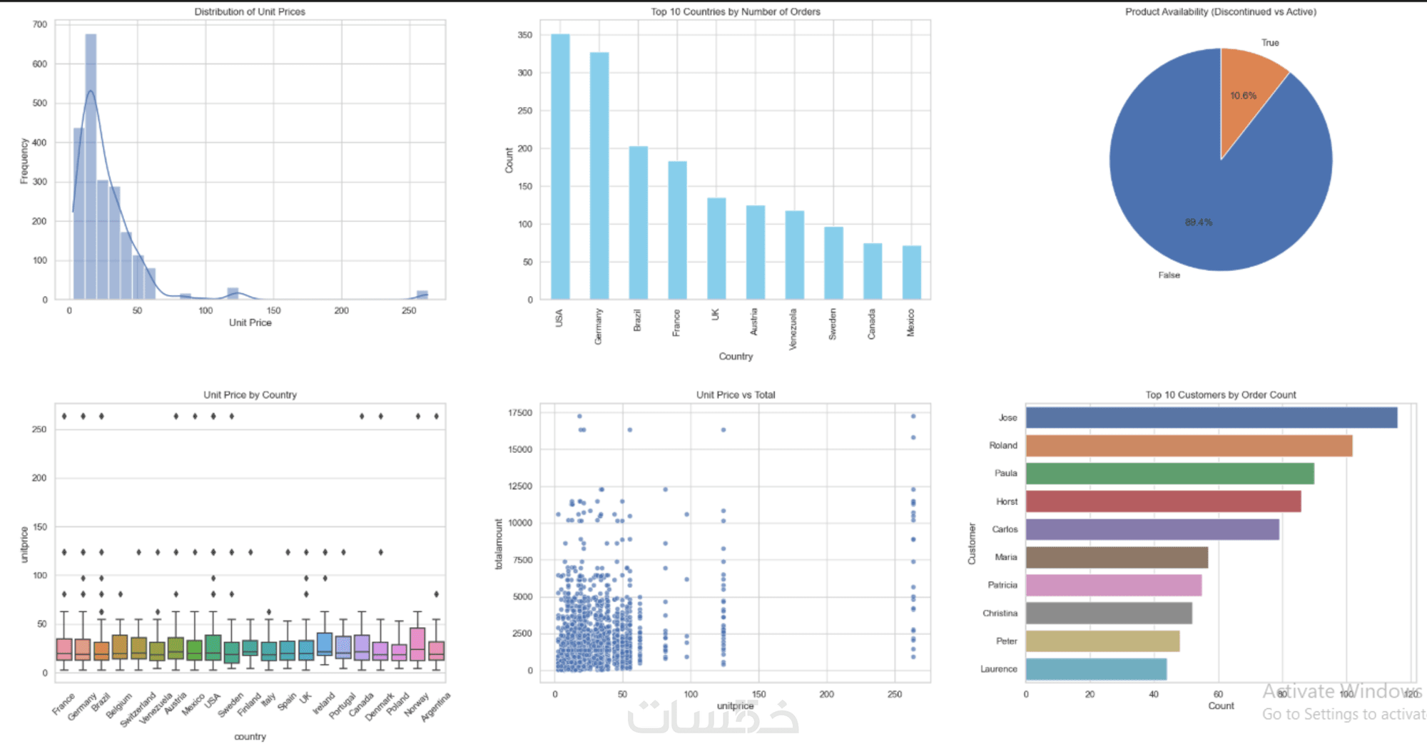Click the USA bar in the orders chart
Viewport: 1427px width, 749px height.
pos(560,167)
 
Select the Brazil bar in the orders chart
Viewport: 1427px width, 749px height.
pos(638,223)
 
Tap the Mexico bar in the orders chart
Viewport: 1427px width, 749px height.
pos(911,272)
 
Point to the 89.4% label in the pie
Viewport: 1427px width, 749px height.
pos(1199,223)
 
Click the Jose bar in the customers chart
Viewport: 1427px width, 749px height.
pos(1211,418)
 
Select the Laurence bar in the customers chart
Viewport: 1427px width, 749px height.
pos(1096,669)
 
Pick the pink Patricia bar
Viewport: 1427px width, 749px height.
pos(1113,585)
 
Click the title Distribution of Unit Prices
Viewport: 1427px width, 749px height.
pos(250,12)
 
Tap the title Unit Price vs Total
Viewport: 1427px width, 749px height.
pos(736,394)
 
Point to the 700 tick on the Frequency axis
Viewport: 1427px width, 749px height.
pos(40,24)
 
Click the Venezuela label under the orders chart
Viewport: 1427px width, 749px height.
pos(793,329)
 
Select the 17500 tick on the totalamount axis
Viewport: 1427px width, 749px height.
pos(520,413)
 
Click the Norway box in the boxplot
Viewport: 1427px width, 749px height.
pos(417,644)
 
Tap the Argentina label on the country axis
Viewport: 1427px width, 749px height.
pos(437,706)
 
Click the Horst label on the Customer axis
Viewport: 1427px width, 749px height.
pos(1007,501)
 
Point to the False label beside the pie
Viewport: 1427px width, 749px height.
pos(1169,275)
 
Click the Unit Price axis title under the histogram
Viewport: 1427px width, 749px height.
pos(250,322)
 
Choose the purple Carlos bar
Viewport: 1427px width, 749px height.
pos(1152,529)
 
